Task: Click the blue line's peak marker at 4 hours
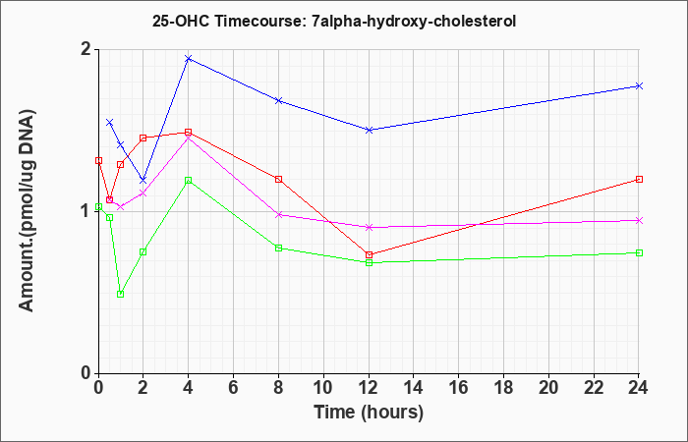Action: [x=189, y=58]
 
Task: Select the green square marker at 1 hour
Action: [x=121, y=295]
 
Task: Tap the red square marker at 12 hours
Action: [x=369, y=254]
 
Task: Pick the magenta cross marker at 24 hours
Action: [x=639, y=221]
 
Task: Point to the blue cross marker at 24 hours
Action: [x=639, y=86]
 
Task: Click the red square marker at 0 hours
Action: [x=98, y=161]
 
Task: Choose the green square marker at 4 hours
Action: [x=189, y=180]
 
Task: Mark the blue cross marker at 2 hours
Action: [x=143, y=181]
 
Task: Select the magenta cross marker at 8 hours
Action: [x=278, y=215]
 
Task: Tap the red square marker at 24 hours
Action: [x=639, y=180]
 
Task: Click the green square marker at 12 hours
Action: [x=369, y=262]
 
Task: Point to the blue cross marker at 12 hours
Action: [x=369, y=130]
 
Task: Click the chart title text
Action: [x=334, y=21]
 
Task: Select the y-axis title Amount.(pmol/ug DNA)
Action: [x=27, y=210]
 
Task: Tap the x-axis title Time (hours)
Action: [x=369, y=413]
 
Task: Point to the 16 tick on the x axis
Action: [x=459, y=388]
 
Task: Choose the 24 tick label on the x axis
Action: [x=639, y=388]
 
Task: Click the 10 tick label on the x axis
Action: [x=323, y=388]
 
